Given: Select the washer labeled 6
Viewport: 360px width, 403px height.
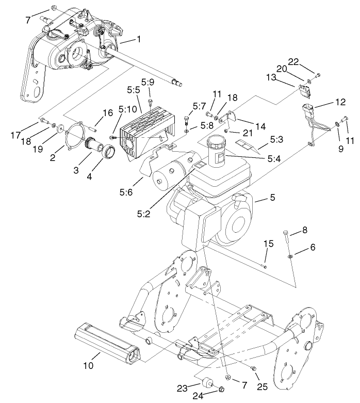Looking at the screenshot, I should [x=291, y=255].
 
